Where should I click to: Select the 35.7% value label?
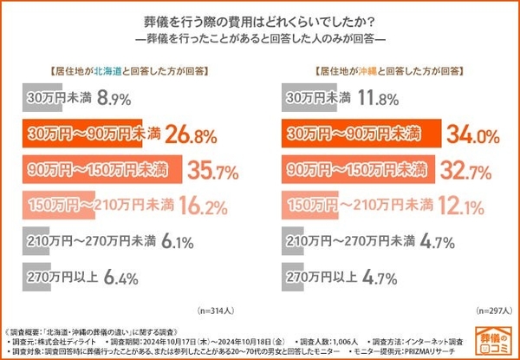212,170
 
